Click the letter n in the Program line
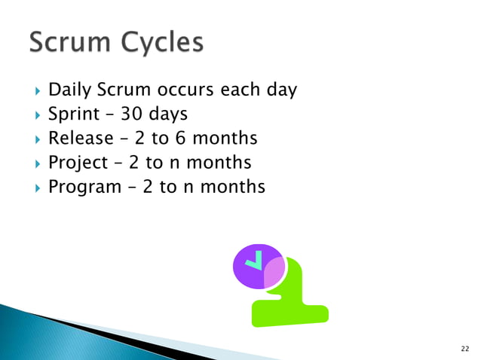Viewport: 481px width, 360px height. pyautogui.click(x=189, y=187)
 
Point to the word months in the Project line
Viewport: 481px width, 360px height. pyautogui.click(x=219, y=163)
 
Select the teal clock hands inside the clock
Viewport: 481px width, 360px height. pyautogui.click(x=257, y=260)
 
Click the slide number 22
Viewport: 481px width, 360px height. pyautogui.click(x=464, y=348)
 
